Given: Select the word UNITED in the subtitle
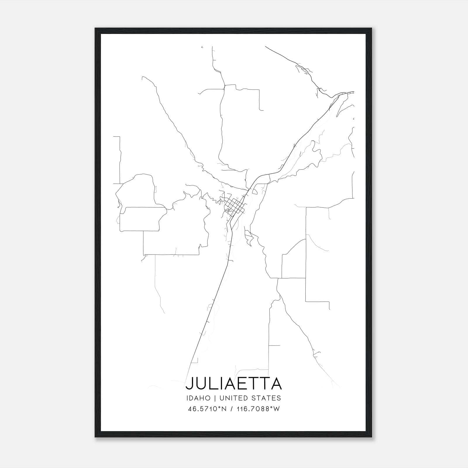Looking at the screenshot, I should click(231, 398).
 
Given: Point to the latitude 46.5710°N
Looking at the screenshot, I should click(207, 409).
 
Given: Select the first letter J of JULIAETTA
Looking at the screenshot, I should click(190, 384).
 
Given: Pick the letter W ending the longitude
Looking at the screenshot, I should click(277, 409).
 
